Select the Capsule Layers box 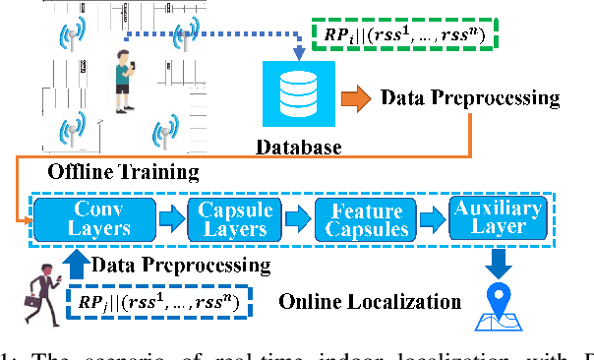[232, 218]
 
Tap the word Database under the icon [298, 149]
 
